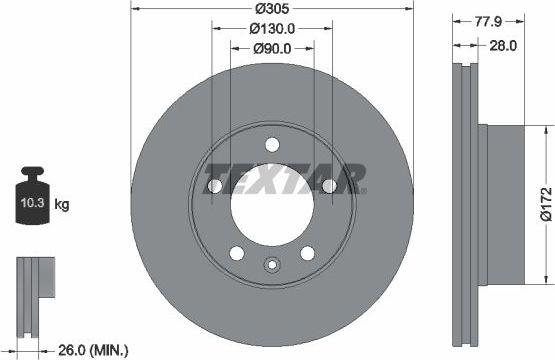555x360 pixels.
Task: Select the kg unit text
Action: [62, 206]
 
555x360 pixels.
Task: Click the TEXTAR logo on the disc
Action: [285, 180]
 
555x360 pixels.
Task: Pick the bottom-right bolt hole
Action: [307, 252]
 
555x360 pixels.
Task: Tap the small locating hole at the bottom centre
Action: [271, 265]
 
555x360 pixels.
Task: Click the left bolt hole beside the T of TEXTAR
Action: [214, 187]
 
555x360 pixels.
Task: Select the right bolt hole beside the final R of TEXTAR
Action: [330, 187]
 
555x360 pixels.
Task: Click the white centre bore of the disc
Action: [271, 206]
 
